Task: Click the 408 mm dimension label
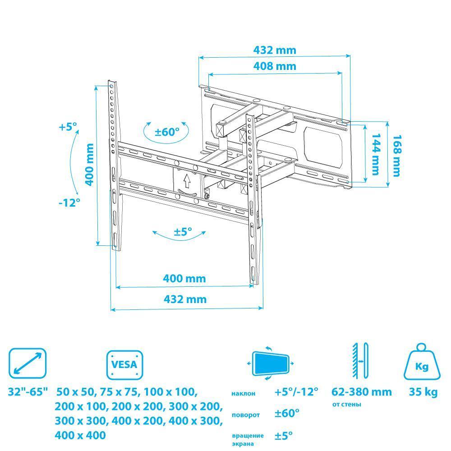275,66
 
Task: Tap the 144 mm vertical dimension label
376,154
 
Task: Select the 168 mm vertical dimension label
397,156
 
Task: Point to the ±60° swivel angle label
167,132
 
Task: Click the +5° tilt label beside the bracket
68,127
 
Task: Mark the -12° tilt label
69,203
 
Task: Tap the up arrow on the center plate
187,180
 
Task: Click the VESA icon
124,365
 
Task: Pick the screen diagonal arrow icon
28,363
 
